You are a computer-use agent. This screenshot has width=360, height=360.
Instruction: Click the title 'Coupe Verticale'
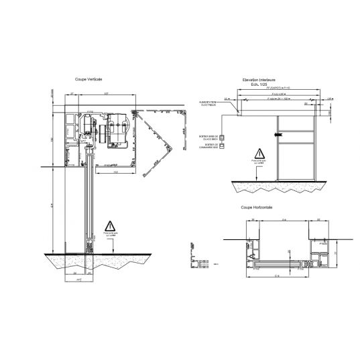pyautogui.click(x=88, y=80)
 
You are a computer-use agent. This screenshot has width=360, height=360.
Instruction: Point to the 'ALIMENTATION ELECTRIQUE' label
pyautogui.click(x=207, y=103)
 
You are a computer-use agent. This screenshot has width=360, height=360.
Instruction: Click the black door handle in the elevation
pyautogui.click(x=276, y=136)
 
